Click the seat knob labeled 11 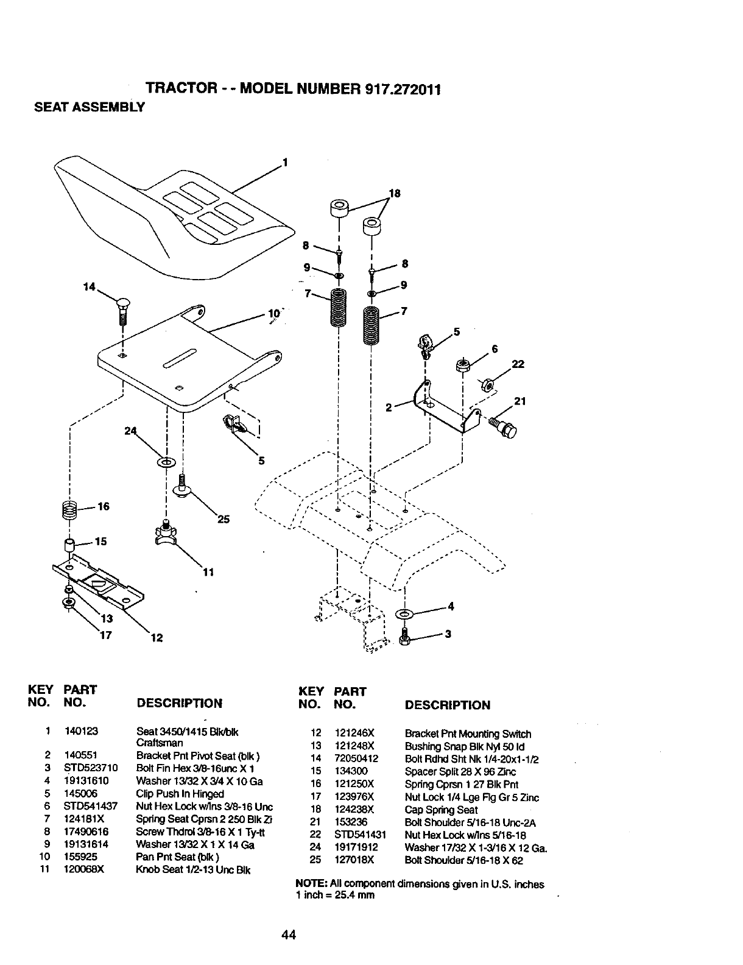[x=165, y=533]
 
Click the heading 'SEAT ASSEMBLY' [x=90, y=108]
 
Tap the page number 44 [x=289, y=935]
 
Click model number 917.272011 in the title [x=401, y=90]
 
